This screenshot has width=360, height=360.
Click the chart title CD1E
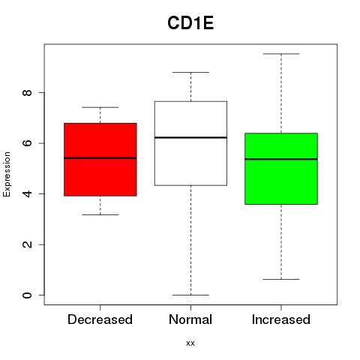coord(190,23)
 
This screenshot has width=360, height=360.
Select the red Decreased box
coord(100,160)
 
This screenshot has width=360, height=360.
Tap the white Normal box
coord(190,143)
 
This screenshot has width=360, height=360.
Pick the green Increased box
coord(281,169)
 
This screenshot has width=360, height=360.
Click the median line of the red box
coord(100,158)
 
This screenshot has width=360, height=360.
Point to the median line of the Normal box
coord(190,137)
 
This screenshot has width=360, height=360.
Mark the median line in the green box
coord(281,159)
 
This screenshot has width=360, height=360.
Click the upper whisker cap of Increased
coord(281,54)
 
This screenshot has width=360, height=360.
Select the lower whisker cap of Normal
coord(190,295)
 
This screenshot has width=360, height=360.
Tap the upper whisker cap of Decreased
coord(100,107)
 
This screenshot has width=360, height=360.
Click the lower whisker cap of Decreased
coord(100,214)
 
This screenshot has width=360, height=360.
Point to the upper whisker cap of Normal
coord(190,72)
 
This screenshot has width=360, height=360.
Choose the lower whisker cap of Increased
coord(281,279)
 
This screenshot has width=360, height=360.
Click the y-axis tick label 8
coord(27,92)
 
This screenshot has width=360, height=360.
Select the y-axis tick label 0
coord(27,295)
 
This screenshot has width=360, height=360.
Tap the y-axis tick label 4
coord(27,193)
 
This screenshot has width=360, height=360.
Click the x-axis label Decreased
coord(100,319)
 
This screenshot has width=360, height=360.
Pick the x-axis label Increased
coord(281,319)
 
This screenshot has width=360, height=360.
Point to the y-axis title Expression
coord(7,174)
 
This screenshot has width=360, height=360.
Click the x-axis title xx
coord(190,343)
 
